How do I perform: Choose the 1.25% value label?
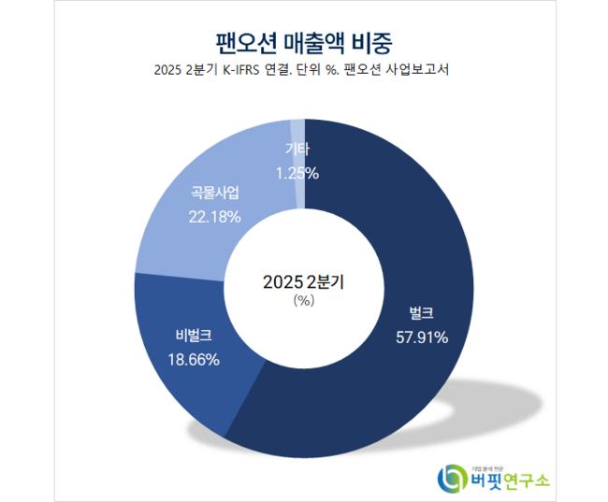point(297,172)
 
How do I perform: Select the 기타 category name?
point(298,150)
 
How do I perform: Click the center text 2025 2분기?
point(303,280)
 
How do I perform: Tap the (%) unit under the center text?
point(303,300)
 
